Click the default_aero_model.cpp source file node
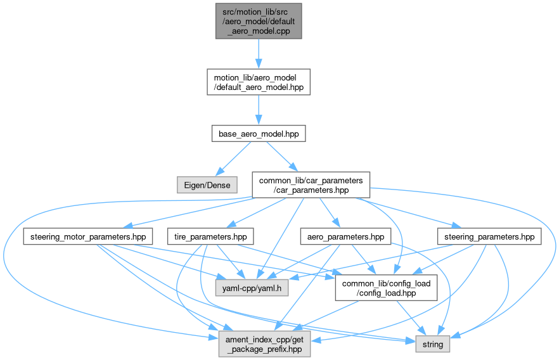pos(258,20)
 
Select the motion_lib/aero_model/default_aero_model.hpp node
pos(258,82)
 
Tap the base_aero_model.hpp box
pos(258,134)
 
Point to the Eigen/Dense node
pos(207,185)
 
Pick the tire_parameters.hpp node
pos(210,237)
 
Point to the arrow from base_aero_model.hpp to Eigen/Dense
pos(234,158)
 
